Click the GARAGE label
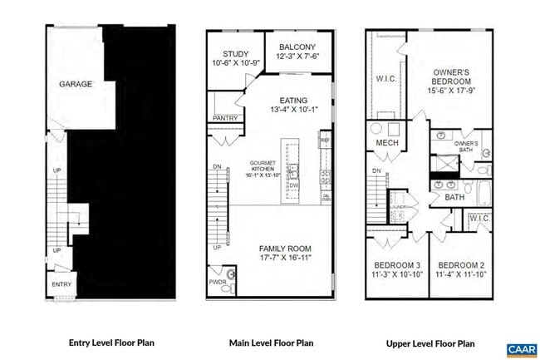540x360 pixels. coord(76,85)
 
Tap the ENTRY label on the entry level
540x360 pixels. coord(61,284)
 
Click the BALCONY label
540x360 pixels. coord(295,47)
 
